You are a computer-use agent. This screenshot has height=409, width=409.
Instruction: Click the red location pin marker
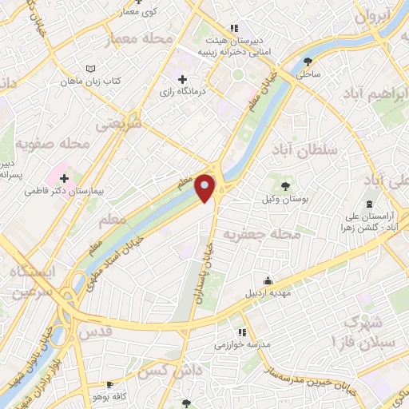205,187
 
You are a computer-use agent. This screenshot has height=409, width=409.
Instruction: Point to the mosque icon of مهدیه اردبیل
267,280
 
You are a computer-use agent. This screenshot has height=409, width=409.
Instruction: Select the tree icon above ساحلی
308,60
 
